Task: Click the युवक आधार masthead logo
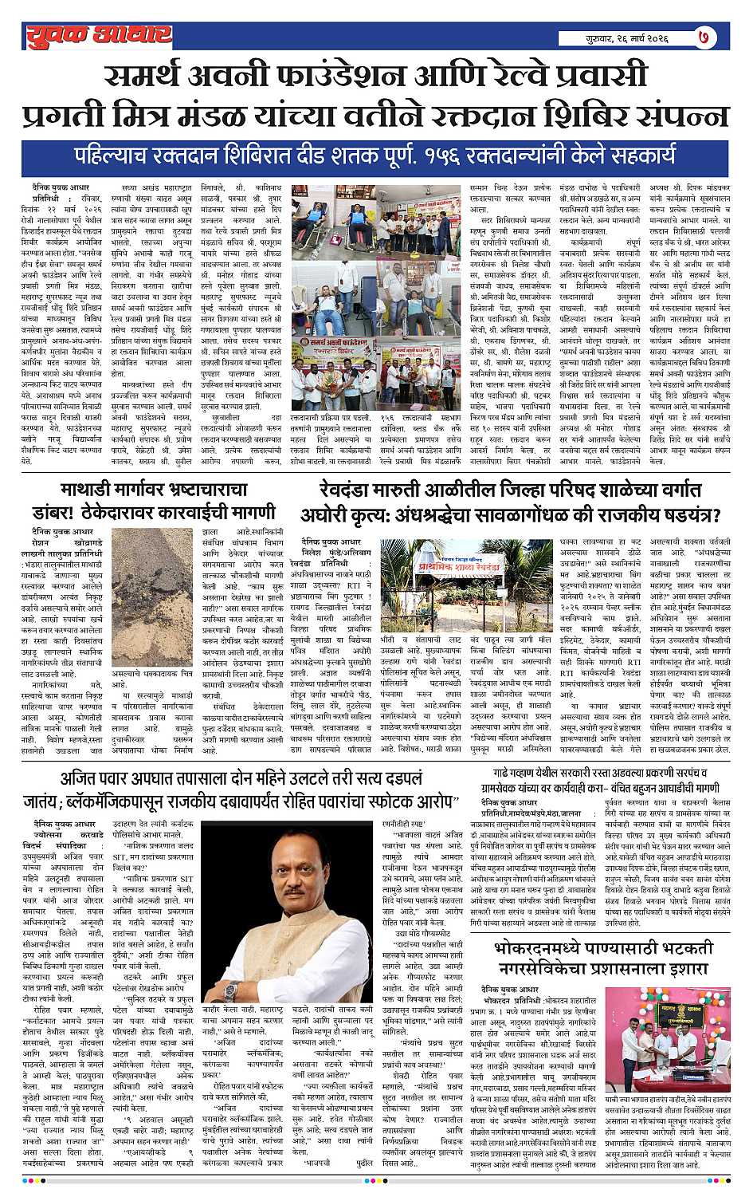click(98, 34)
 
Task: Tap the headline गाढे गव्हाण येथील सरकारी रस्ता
click(602, 781)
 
